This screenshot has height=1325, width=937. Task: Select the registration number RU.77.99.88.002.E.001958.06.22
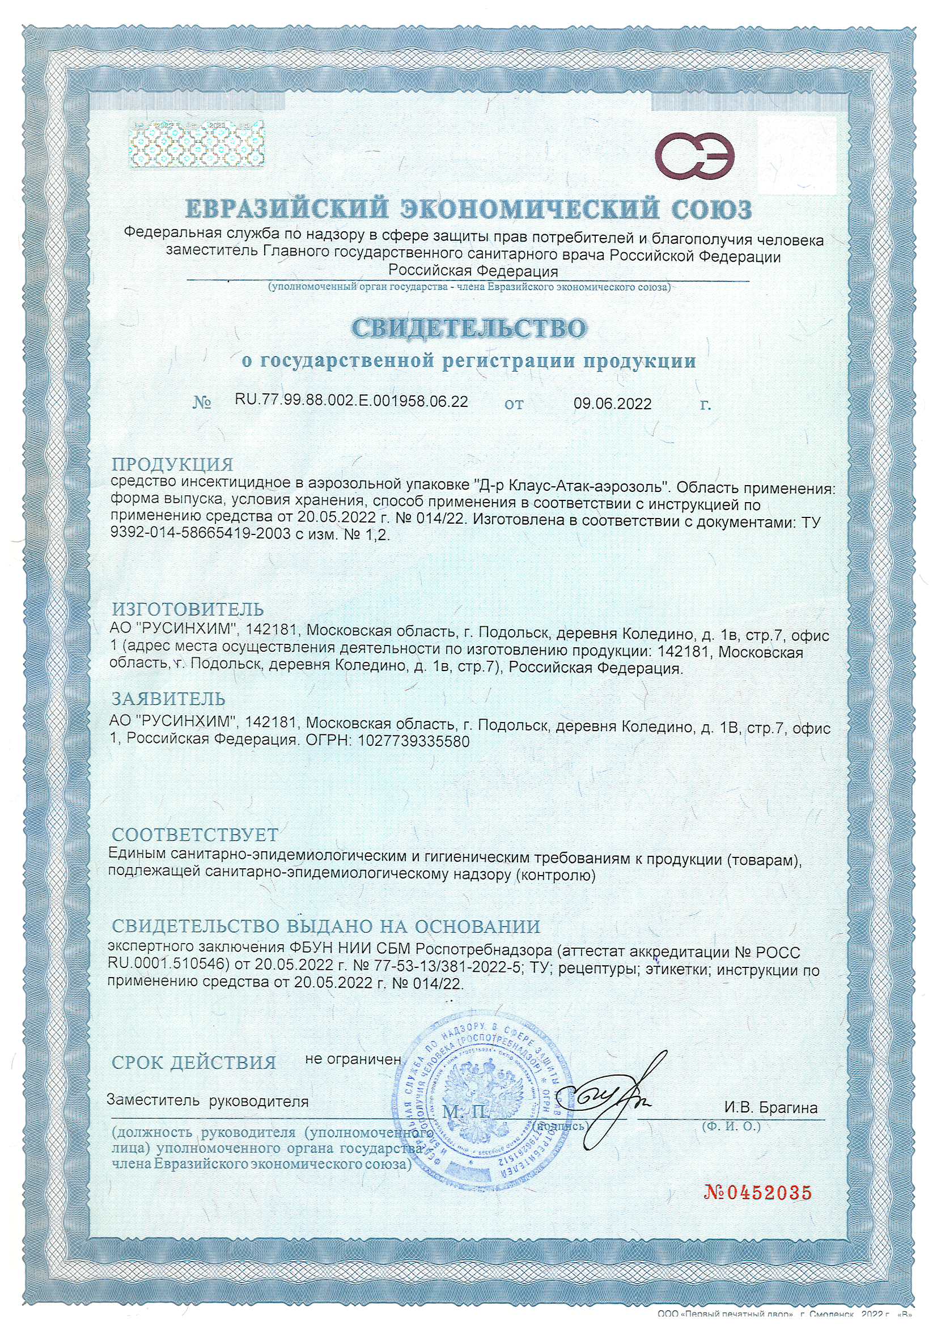351,401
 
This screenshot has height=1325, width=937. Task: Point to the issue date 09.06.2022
612,404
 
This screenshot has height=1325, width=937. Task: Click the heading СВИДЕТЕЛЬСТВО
469,328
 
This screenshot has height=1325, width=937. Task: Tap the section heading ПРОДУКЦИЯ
172,464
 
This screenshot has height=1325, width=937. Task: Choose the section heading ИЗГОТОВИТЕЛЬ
188,609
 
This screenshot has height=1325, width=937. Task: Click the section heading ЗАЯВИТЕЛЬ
168,699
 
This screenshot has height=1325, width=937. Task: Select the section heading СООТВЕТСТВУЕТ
194,834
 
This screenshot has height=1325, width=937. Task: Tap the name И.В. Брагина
771,1107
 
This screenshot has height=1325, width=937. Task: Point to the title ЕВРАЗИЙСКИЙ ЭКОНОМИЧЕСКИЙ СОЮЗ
468,209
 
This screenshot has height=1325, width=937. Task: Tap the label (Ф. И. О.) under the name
731,1126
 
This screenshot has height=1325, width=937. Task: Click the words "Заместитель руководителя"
207,1101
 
